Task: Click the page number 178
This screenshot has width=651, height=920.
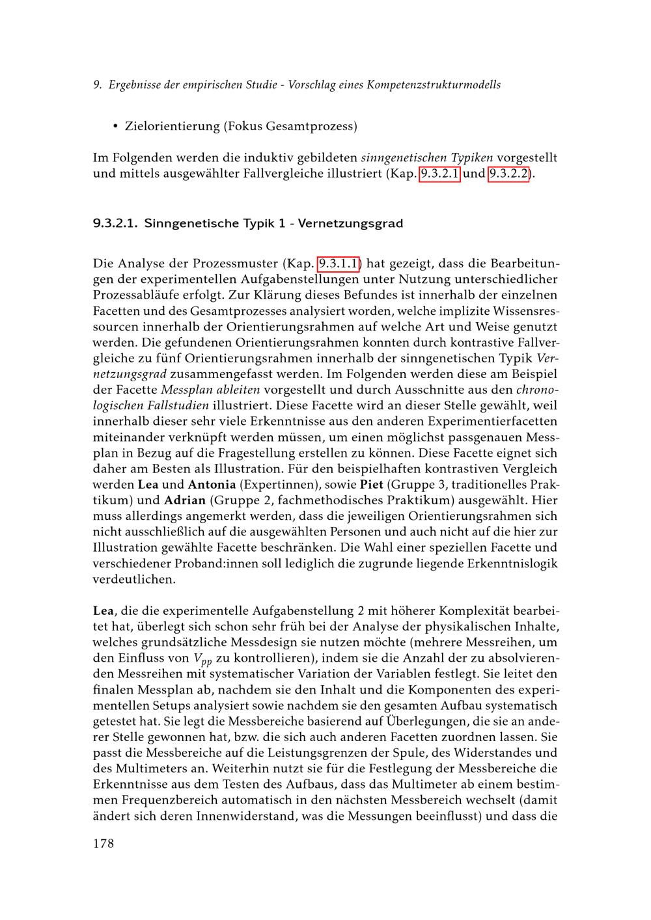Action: [104, 844]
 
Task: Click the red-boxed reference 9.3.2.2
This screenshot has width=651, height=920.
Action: [508, 174]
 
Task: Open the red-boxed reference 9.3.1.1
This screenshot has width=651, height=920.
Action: [339, 264]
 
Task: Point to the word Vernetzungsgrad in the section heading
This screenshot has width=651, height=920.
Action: [350, 224]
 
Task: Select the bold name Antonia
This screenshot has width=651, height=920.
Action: [212, 485]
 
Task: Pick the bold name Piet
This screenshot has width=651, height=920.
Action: [371, 485]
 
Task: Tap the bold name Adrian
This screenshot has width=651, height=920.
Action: [185, 500]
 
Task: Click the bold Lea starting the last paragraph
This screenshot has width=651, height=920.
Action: [104, 611]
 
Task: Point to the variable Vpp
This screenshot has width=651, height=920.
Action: [204, 659]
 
